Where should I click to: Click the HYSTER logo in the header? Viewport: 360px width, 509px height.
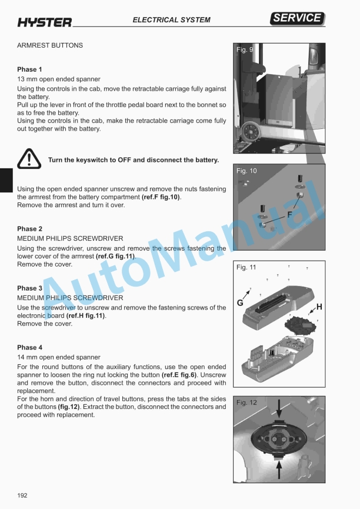tap(44, 22)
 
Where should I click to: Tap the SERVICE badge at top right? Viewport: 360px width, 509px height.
tap(298, 18)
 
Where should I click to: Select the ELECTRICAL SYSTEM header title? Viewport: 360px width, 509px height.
tap(171, 20)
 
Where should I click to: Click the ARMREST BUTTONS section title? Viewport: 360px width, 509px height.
tap(50, 45)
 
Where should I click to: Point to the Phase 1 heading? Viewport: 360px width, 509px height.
tap(29, 69)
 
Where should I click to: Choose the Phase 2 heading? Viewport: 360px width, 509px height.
tap(29, 229)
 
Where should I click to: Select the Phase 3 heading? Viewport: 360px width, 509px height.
tap(29, 288)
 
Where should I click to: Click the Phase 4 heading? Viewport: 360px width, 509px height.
tap(29, 348)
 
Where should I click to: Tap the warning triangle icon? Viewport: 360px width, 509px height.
tap(28, 159)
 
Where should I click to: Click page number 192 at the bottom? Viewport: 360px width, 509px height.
tap(22, 495)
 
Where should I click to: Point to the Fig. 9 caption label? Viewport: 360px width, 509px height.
tap(245, 50)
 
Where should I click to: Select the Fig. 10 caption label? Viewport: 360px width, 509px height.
tap(246, 171)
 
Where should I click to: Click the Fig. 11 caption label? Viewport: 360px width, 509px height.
tap(246, 268)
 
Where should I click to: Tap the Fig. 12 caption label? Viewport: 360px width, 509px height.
tap(246, 403)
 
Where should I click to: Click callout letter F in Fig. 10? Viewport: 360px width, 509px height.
tap(289, 215)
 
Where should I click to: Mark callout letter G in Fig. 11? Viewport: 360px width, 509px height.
tap(240, 303)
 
